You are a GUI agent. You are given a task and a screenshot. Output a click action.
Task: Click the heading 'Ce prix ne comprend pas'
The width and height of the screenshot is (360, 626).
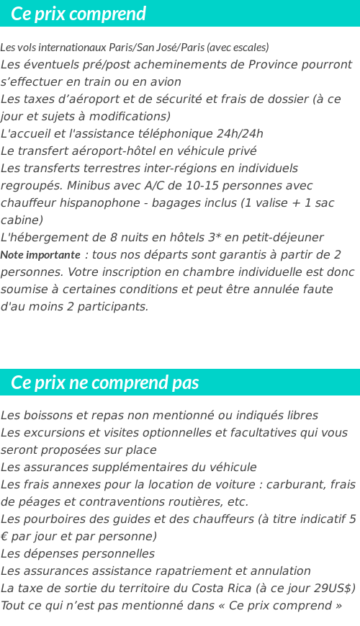pyautogui.click(x=105, y=383)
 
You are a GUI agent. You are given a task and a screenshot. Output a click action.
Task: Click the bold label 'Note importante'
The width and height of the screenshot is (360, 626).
pyautogui.click(x=40, y=255)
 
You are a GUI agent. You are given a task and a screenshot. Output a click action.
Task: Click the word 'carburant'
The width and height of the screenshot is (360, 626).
pyautogui.click(x=294, y=484)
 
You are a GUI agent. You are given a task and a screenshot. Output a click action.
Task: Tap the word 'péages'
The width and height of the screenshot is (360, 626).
pyautogui.click(x=35, y=501)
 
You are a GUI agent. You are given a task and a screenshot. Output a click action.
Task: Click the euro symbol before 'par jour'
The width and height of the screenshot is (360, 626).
pyautogui.click(x=4, y=536)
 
